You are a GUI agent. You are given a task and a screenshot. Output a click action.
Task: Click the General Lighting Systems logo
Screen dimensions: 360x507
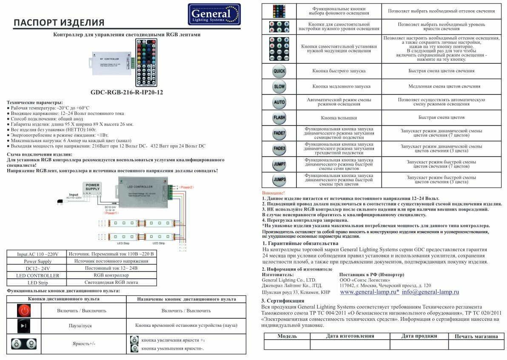(x=214, y=14)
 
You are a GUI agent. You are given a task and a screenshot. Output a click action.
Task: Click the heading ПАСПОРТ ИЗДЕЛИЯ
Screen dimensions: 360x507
(x=59, y=23)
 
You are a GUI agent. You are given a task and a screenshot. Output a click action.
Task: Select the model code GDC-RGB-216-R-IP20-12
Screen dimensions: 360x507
(x=127, y=92)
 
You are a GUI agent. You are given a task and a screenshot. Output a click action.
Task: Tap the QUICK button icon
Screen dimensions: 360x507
(x=279, y=71)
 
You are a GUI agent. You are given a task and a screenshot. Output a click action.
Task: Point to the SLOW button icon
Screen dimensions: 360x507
(x=279, y=87)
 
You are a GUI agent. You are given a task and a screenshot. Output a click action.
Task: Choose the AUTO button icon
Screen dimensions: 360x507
(x=279, y=102)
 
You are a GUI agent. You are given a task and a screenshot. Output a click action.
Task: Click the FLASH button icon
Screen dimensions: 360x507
(x=279, y=117)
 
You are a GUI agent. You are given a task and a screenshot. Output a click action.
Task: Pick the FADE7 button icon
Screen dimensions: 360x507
(x=279, y=133)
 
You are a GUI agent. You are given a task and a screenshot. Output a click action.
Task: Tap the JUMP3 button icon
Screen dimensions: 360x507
(x=279, y=180)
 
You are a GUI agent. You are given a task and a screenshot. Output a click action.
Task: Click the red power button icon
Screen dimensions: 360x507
(x=24, y=310)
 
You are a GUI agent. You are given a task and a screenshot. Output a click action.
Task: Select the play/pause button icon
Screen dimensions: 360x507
(x=24, y=326)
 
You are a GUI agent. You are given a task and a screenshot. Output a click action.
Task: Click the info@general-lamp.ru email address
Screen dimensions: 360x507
(x=430, y=292)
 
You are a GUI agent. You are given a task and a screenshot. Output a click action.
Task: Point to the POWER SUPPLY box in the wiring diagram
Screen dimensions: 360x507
(x=92, y=187)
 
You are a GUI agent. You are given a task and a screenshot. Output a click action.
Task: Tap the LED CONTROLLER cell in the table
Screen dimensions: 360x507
(x=38, y=275)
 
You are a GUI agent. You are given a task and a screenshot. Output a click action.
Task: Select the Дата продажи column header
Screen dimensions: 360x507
(x=419, y=336)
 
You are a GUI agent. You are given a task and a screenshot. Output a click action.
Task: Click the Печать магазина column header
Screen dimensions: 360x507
(x=476, y=336)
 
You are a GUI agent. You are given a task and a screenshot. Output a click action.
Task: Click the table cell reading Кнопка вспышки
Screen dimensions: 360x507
(x=339, y=117)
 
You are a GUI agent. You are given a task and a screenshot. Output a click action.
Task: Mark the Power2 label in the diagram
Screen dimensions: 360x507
(x=187, y=188)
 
